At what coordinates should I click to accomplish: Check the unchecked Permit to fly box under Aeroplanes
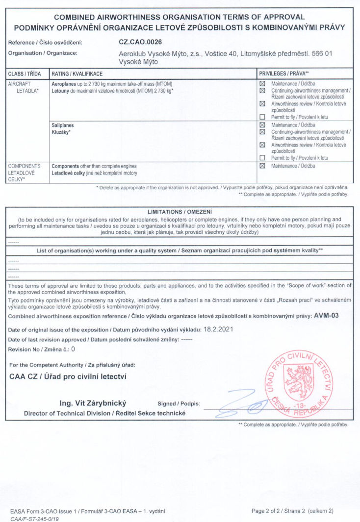point(262,117)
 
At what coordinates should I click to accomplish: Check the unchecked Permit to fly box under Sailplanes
point(262,158)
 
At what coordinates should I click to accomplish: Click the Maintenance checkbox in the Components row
point(262,166)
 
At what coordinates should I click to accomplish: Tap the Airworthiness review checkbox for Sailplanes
point(262,145)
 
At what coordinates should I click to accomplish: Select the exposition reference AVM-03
point(326,316)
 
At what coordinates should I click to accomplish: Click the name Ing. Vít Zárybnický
point(93,403)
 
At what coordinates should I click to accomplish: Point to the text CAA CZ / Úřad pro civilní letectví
point(68,377)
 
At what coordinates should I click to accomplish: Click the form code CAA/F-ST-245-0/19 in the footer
point(35,518)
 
